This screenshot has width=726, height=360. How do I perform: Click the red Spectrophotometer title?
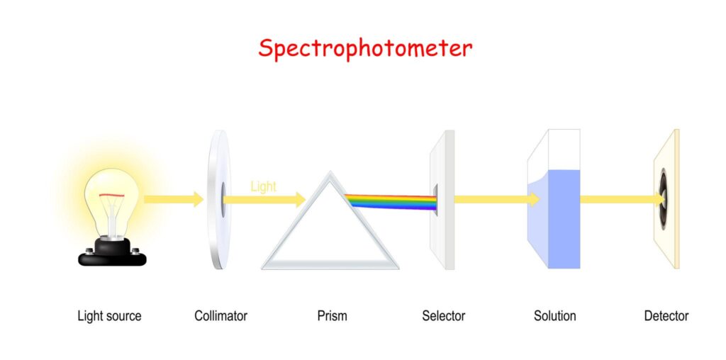point(365,49)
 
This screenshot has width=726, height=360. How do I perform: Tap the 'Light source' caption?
point(109,316)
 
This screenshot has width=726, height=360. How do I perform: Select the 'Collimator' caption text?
point(221,316)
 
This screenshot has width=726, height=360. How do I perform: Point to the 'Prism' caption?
point(332,316)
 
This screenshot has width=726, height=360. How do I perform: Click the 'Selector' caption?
point(444,316)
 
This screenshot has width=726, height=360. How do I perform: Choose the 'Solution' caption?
point(554,316)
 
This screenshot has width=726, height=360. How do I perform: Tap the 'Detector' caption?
point(666,316)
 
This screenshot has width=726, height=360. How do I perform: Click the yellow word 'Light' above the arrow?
point(264,186)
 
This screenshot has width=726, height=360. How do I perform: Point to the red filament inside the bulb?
point(111,196)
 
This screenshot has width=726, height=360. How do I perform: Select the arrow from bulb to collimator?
point(174,199)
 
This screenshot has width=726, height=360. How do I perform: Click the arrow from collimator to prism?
point(264,199)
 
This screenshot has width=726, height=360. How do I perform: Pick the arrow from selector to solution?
point(497,199)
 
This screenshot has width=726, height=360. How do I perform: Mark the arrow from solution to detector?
point(622,199)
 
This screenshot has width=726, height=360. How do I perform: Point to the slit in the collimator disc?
point(223,199)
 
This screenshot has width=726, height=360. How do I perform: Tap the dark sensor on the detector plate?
point(664,199)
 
